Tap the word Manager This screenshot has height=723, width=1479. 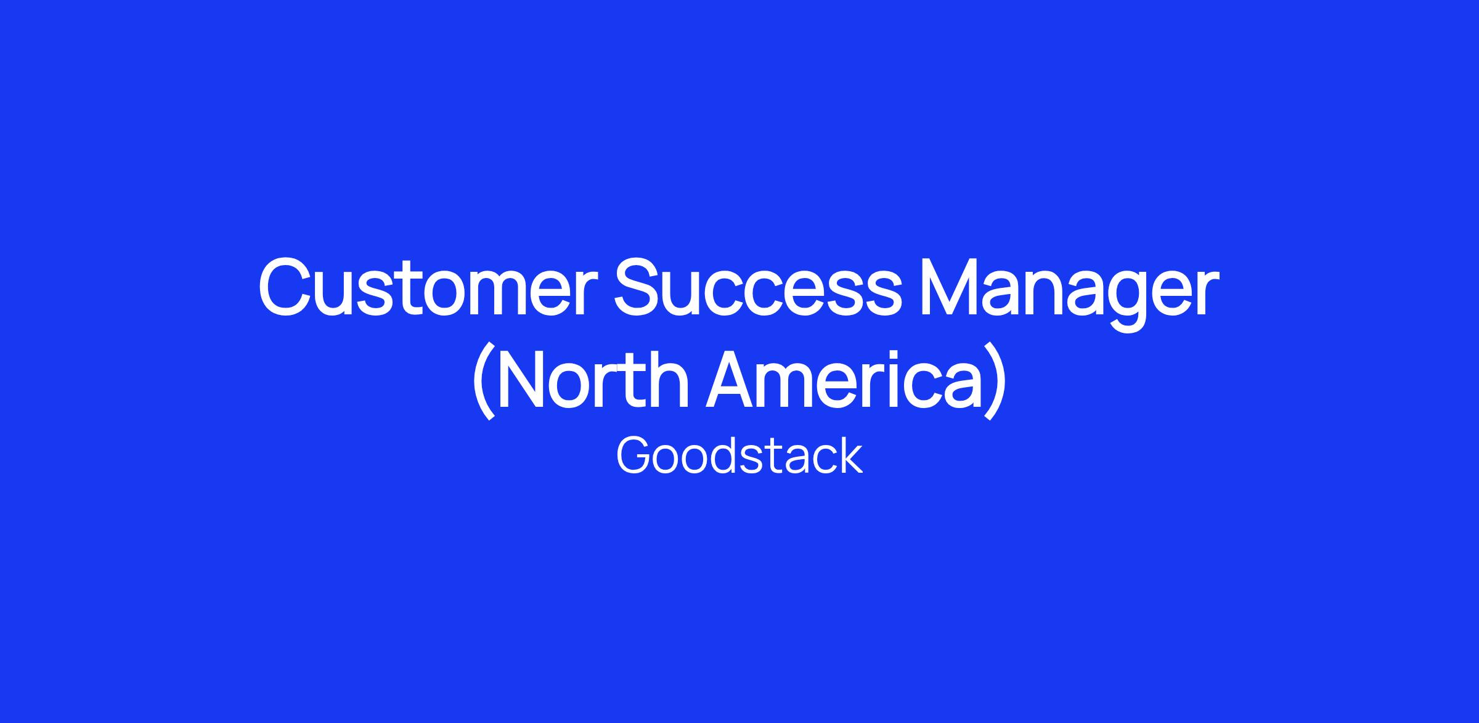1069,293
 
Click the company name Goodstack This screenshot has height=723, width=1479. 739,456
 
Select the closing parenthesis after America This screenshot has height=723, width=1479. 996,380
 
